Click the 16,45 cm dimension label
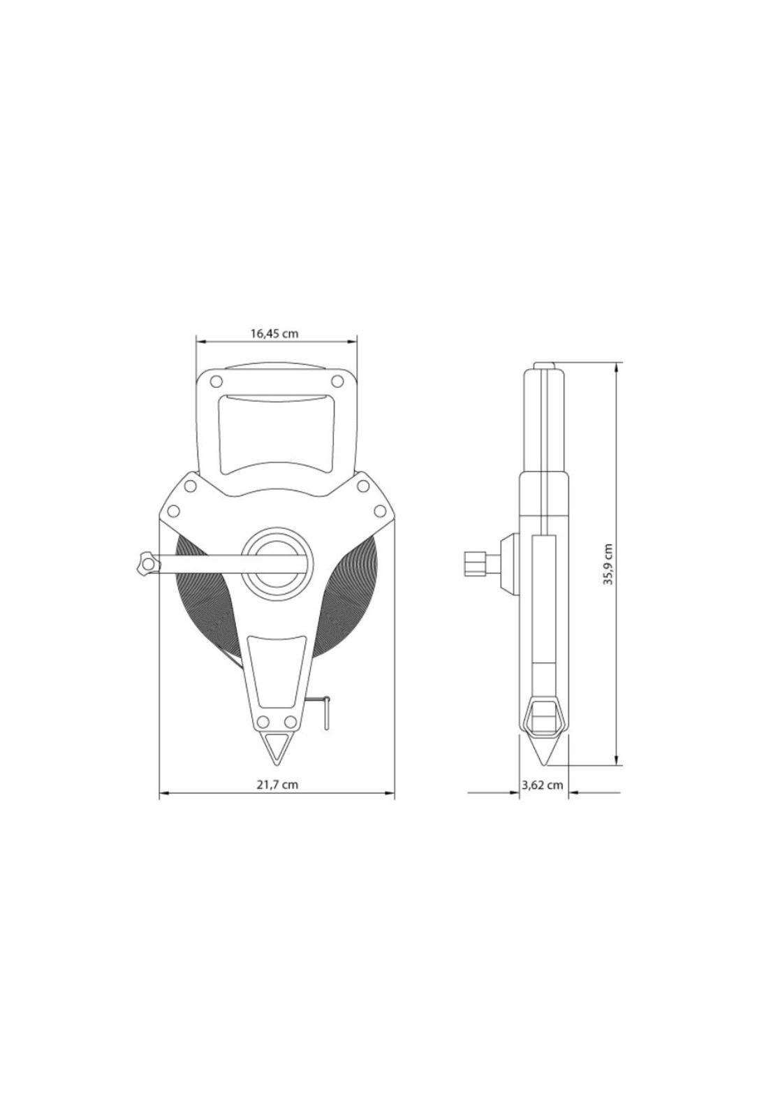coord(274,333)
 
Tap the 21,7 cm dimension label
coord(277,785)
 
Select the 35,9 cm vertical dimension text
coord(609,564)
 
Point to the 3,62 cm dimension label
coord(543,785)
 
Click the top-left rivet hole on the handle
coord(216,382)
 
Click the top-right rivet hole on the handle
coord(337,382)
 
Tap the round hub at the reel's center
coord(274,560)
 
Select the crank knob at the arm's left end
coord(145,563)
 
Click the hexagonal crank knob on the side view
coord(475,563)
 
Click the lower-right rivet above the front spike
coord(291,722)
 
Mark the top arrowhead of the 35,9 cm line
coord(617,367)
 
